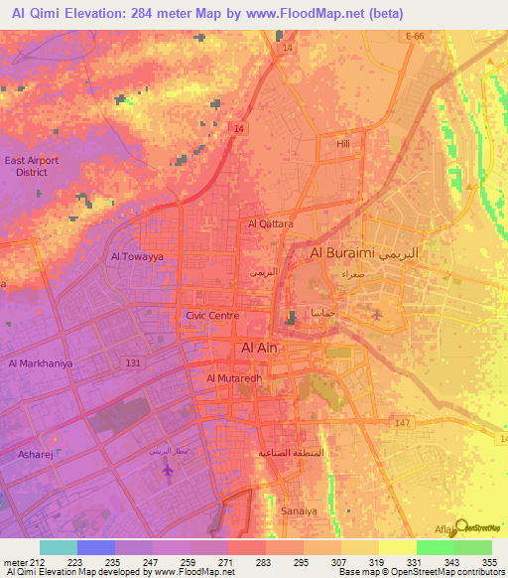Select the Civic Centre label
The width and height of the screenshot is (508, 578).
(x=212, y=316)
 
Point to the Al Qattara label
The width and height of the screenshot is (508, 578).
(x=271, y=224)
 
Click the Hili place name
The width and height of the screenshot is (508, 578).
(x=343, y=145)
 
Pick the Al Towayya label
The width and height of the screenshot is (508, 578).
(x=136, y=255)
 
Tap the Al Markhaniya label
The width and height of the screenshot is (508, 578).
(x=41, y=363)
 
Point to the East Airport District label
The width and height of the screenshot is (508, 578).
(x=32, y=166)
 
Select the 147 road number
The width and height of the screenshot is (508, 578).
(x=401, y=423)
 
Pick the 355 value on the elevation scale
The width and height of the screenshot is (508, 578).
(x=488, y=561)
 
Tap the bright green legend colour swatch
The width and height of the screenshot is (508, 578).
(x=436, y=547)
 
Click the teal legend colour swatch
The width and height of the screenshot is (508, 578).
(x=59, y=547)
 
